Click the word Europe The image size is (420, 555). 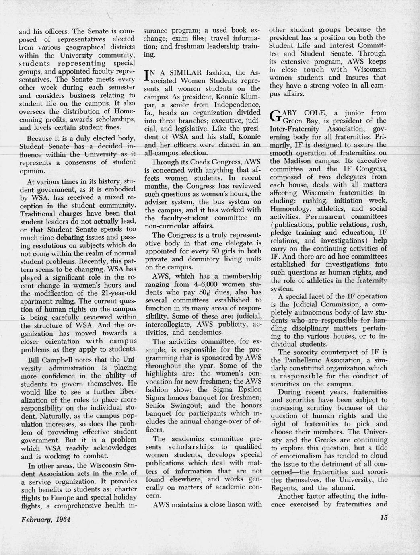(55, 497)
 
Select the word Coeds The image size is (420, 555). (196, 162)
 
